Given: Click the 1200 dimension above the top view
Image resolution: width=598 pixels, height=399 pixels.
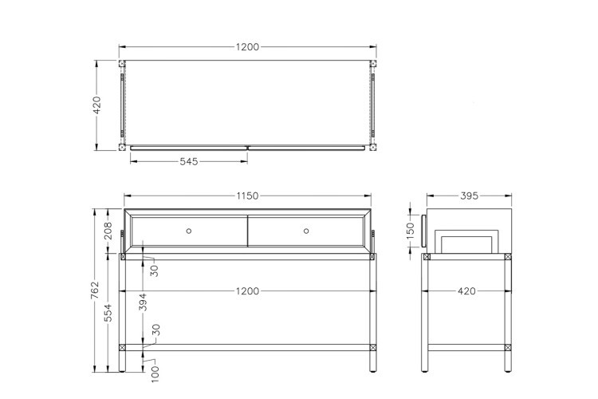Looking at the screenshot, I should click(x=248, y=47).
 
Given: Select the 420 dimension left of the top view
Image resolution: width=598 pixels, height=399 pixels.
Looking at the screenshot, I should click(x=97, y=105).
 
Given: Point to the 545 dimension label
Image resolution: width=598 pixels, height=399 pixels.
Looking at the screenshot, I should click(x=188, y=161).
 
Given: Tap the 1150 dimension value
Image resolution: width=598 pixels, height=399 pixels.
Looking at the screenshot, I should click(x=248, y=196).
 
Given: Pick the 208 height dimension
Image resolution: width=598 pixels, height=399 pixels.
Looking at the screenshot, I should click(x=109, y=232).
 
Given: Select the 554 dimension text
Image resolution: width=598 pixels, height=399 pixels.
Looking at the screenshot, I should click(x=109, y=313).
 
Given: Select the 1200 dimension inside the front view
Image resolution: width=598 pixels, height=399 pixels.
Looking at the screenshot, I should click(x=248, y=291).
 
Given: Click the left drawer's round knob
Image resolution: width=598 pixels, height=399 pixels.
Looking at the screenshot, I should click(x=189, y=231).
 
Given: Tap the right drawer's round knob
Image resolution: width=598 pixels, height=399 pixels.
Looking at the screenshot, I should click(x=306, y=231).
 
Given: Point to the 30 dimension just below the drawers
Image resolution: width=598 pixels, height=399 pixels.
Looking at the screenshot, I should click(x=155, y=270).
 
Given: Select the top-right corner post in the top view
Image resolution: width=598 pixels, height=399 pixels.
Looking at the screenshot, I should click(x=372, y=63).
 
